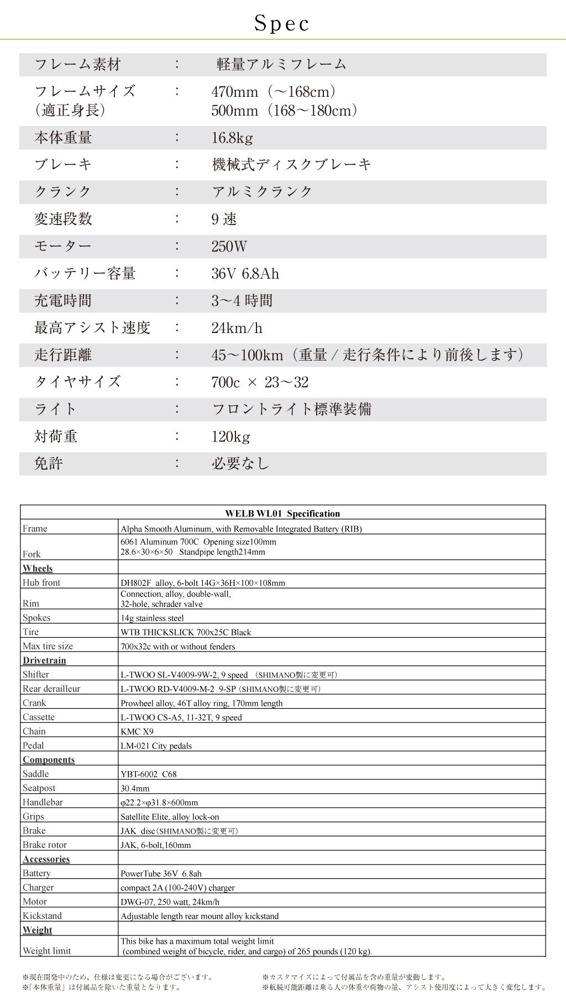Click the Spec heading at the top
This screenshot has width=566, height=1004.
[x=282, y=24]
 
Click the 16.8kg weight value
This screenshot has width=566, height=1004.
[x=232, y=138]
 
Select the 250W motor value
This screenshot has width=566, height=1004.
[x=229, y=247]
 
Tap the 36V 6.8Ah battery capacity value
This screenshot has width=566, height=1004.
[x=245, y=274]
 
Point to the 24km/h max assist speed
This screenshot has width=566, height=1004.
[x=237, y=328]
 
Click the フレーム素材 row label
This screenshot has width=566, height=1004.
[x=77, y=65]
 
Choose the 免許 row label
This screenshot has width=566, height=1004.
[x=49, y=464]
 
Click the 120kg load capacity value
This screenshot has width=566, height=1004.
[x=230, y=437]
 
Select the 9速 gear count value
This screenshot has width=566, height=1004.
[x=224, y=219]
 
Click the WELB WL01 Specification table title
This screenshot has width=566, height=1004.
[x=282, y=513]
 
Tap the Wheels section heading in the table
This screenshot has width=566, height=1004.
[x=38, y=568]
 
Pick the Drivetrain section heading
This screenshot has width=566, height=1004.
[x=44, y=660]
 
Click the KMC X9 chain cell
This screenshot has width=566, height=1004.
[x=137, y=731]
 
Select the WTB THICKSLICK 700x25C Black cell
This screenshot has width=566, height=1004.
[x=186, y=632]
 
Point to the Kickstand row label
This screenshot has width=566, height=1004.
[x=42, y=915]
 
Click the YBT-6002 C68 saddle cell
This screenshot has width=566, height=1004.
[x=149, y=774]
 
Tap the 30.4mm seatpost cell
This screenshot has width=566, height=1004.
[x=135, y=788]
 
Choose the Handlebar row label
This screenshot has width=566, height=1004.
[x=43, y=802]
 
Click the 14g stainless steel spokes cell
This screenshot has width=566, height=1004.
[x=152, y=618]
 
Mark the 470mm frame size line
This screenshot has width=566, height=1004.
[x=274, y=92]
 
